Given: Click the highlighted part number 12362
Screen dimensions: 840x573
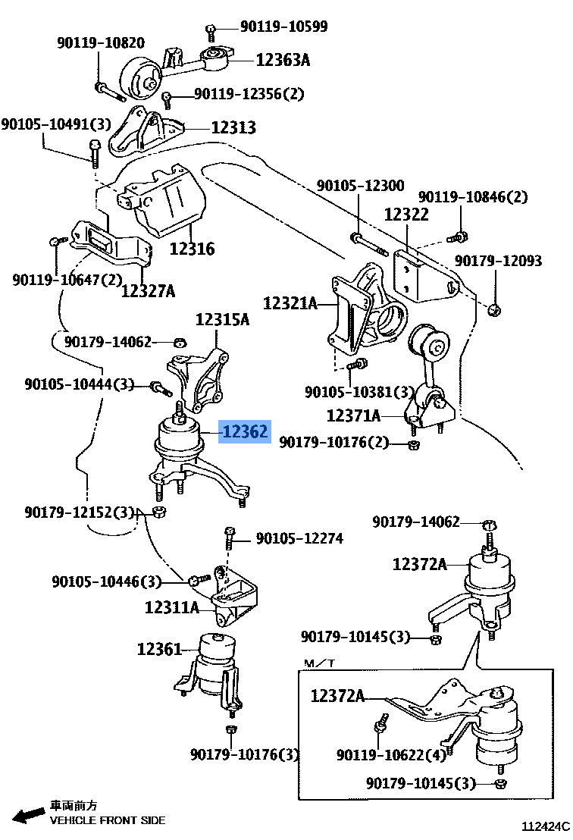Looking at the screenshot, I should click(x=244, y=432).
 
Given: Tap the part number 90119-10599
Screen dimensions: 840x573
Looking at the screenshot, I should click(x=283, y=27).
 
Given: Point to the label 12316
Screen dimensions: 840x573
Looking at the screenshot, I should click(x=192, y=248).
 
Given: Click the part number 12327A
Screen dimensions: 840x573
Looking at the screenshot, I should click(x=148, y=290).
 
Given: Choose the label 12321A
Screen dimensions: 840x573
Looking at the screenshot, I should click(x=290, y=304).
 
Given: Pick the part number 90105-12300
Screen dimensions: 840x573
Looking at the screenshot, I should click(x=360, y=186).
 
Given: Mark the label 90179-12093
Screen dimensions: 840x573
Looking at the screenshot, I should click(x=498, y=261).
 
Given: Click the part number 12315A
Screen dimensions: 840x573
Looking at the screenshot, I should click(x=222, y=319).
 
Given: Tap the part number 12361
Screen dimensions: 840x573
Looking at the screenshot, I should click(x=159, y=649).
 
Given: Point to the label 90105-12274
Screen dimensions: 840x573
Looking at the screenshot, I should click(x=299, y=539).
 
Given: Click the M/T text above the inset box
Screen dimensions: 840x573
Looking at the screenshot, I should click(x=320, y=664).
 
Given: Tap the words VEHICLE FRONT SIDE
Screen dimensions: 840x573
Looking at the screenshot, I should click(x=107, y=820).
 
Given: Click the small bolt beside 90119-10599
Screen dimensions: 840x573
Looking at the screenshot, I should click(x=211, y=31).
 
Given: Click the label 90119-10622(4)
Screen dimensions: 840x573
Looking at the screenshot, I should click(x=392, y=755).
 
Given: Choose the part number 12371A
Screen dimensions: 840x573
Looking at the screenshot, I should click(x=353, y=415).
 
